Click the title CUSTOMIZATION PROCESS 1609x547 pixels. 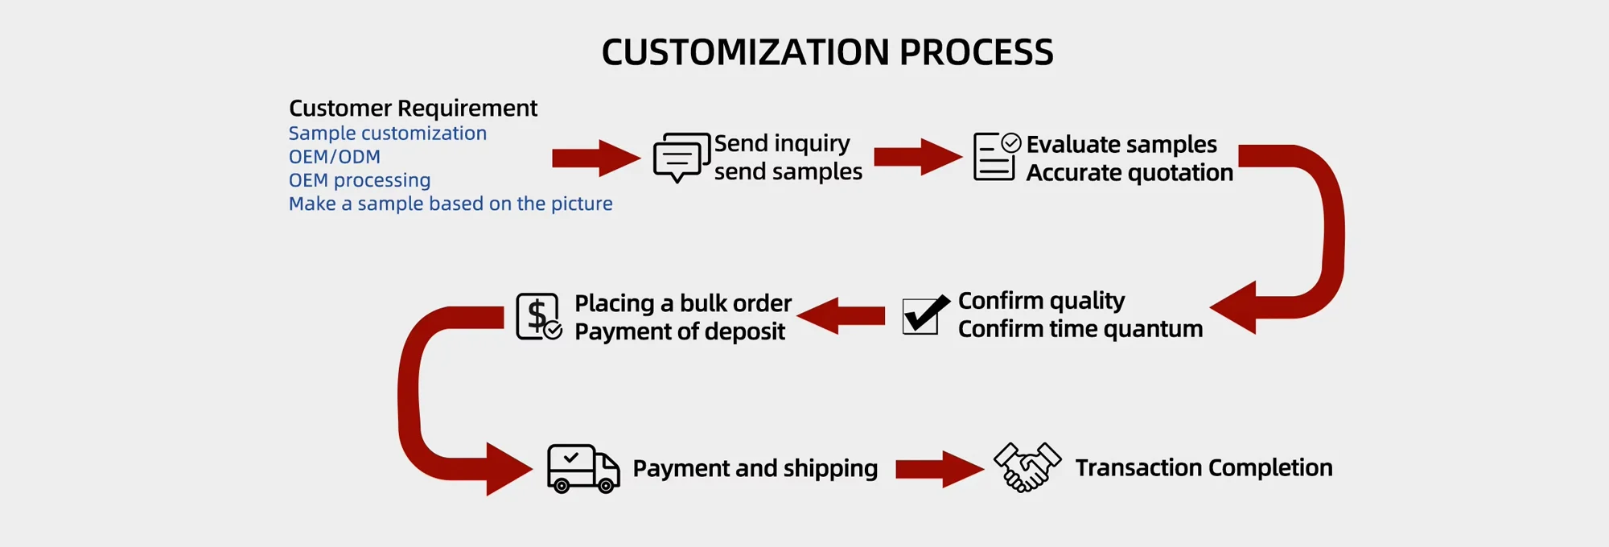(827, 52)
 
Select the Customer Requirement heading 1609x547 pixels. (413, 108)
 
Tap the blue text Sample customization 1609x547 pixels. (387, 134)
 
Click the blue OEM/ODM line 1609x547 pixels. (334, 157)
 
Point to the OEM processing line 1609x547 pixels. (359, 180)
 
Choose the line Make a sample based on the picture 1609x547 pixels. (450, 204)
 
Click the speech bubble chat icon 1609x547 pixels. (681, 157)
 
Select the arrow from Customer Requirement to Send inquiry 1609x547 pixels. (595, 158)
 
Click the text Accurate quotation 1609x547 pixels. (1129, 173)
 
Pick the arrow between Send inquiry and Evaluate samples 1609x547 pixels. (917, 157)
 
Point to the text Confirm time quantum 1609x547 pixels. (1080, 329)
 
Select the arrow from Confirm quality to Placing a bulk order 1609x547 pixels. (842, 315)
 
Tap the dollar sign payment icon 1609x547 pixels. (538, 316)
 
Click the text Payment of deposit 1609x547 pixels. (679, 331)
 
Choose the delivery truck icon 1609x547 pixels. (582, 468)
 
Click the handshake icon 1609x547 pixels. (1027, 467)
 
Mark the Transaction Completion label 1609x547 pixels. (1203, 467)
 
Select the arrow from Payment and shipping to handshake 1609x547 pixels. (938, 469)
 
